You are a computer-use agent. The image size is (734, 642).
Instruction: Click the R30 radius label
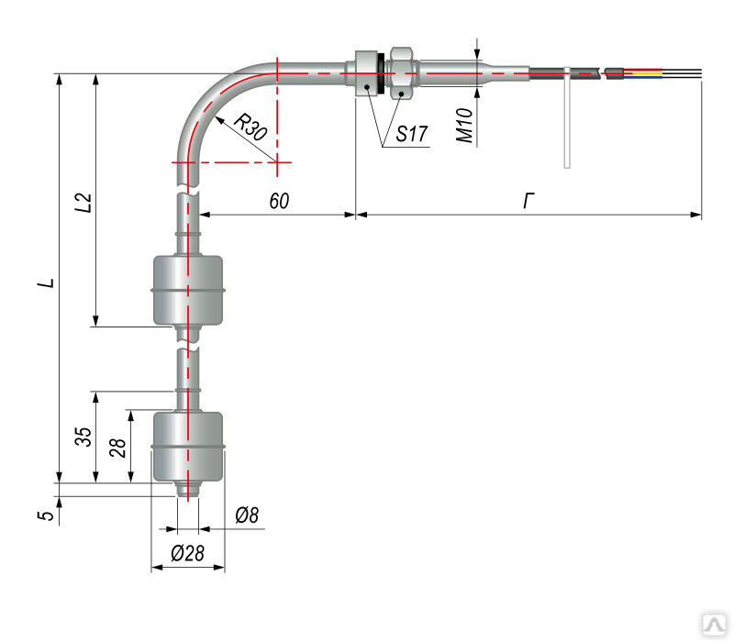[250, 127]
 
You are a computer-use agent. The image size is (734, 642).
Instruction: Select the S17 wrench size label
[411, 134]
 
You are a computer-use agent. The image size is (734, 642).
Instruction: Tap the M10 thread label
[465, 125]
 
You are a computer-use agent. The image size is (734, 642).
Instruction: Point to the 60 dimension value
[279, 201]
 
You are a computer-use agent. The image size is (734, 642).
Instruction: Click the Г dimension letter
[528, 201]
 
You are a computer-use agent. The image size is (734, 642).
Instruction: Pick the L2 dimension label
[83, 202]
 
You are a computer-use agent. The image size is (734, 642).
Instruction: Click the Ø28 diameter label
[187, 554]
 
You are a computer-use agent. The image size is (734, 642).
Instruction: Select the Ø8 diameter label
[247, 515]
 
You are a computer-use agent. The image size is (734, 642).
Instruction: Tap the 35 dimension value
[83, 437]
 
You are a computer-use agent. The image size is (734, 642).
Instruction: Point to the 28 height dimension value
[117, 448]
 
